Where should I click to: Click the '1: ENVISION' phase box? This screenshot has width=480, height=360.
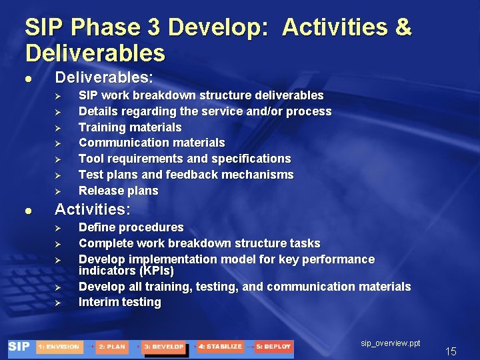point(59,347)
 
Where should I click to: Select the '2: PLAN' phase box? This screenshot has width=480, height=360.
point(111,347)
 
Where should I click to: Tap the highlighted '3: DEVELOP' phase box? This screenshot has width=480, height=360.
point(163,347)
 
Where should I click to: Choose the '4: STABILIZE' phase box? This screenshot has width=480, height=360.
point(221,347)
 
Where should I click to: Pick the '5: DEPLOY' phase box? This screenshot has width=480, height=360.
point(273,347)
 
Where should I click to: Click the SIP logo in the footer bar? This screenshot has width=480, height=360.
point(19,347)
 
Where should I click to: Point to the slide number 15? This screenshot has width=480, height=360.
point(451,351)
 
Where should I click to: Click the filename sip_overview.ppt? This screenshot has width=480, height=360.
point(391,343)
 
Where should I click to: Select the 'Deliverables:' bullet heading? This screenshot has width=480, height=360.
point(104,77)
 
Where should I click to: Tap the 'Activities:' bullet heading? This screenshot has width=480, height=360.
point(93,209)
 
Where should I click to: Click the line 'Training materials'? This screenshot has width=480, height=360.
point(130,127)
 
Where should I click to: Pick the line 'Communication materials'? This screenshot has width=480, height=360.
point(151,143)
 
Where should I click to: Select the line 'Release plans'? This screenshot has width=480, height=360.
point(118,191)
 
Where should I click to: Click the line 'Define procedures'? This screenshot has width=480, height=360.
point(131,227)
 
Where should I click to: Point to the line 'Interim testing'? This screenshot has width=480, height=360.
point(119,302)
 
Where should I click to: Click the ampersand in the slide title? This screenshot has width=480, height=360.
point(403,28)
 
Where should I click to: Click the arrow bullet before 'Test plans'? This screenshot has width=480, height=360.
point(57,175)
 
